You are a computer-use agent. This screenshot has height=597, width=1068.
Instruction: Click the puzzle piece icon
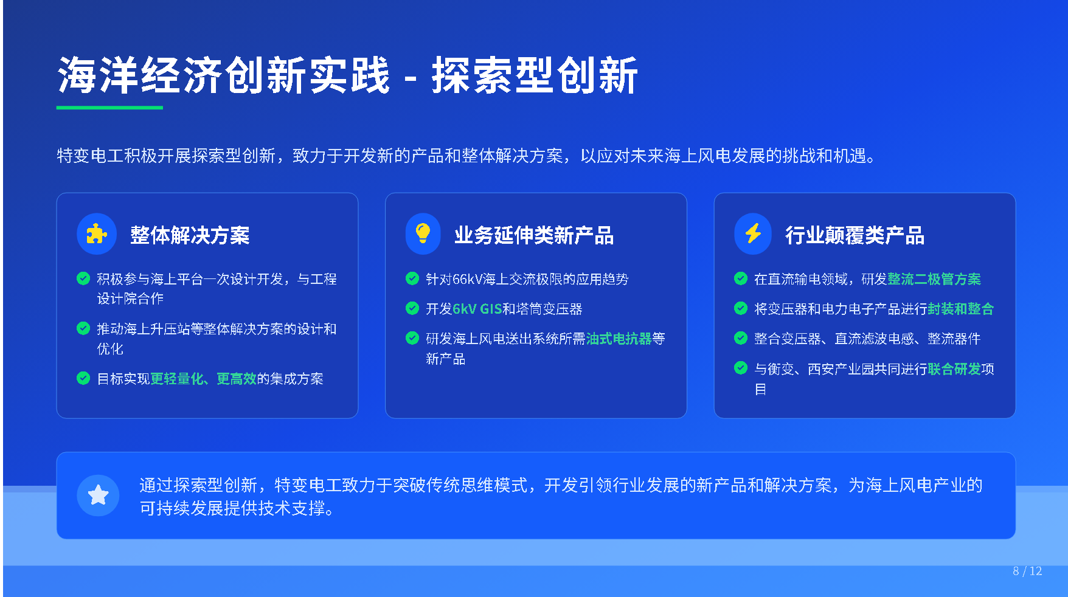(x=97, y=234)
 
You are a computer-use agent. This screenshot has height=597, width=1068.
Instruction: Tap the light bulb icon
(x=423, y=233)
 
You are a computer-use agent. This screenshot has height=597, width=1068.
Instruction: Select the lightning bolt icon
(x=753, y=233)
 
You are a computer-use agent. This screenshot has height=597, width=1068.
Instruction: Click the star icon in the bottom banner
(x=98, y=495)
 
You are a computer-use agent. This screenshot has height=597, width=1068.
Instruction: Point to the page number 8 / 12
(x=1027, y=571)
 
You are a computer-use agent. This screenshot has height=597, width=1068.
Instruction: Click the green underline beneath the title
(x=109, y=108)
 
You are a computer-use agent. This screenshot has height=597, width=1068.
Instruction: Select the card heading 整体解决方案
(x=190, y=235)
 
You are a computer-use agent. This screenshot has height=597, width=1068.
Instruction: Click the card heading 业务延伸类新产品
(x=533, y=235)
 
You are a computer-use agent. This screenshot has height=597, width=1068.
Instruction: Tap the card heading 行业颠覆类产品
(x=855, y=235)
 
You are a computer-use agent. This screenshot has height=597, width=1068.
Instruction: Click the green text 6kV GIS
(x=477, y=309)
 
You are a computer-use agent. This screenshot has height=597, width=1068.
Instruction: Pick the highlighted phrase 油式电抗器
(x=619, y=339)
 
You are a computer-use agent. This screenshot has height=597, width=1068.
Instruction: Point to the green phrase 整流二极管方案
(x=934, y=279)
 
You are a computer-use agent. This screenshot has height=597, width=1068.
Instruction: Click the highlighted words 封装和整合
(x=961, y=309)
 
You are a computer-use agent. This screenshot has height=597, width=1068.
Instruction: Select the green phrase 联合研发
(x=954, y=369)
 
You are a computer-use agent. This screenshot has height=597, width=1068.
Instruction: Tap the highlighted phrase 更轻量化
(x=176, y=379)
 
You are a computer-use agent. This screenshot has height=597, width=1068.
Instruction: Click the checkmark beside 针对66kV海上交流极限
(x=412, y=278)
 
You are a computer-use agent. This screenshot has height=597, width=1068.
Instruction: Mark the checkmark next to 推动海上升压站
(x=83, y=328)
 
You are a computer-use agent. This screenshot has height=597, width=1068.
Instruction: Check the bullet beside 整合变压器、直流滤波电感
(x=741, y=338)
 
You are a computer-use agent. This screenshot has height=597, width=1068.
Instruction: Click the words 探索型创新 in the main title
(x=535, y=75)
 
